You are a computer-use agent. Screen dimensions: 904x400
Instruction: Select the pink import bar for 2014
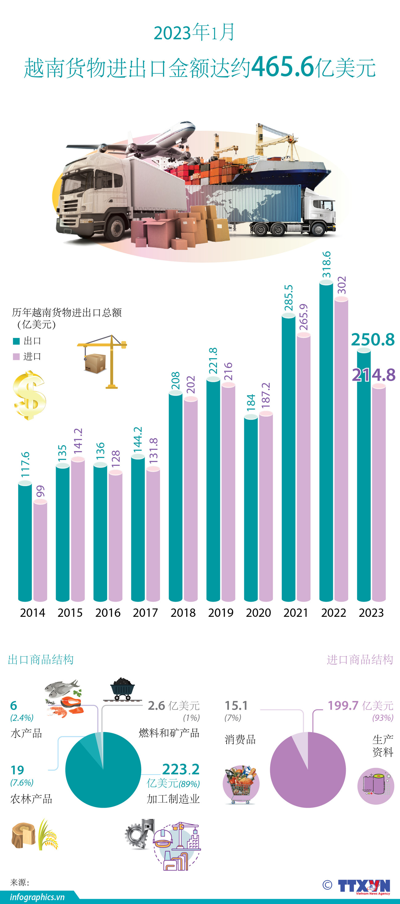pos(40,551)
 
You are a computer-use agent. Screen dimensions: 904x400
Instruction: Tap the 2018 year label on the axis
pos(183,613)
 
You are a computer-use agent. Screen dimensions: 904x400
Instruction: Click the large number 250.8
pos(373,340)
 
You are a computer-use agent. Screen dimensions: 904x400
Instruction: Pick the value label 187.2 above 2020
pos(266,395)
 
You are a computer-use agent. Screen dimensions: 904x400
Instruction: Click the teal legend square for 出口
pos(16,341)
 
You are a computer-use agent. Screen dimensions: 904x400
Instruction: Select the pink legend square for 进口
pos(16,357)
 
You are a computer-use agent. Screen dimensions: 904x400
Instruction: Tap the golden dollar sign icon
pos(30,395)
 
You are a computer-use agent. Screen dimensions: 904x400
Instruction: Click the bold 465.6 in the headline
pos(282,67)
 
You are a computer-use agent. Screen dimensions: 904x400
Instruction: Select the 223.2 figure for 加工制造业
pos(181,769)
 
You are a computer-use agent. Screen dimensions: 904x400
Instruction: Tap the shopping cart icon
pos(241,785)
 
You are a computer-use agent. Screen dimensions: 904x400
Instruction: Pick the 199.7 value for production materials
pos(343,706)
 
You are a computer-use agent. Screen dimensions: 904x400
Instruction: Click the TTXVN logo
pos(364,886)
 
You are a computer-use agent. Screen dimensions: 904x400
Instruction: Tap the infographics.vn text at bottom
pos(37,897)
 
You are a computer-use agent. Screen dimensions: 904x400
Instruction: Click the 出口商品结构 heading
pos(40,660)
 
